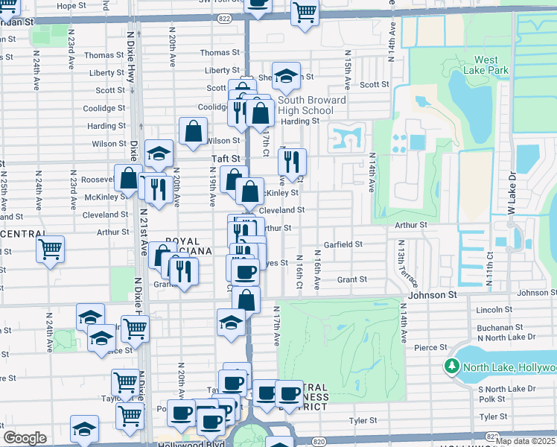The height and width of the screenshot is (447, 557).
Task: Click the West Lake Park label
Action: click(x=486, y=66)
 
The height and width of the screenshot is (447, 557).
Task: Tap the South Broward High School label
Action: click(x=312, y=105)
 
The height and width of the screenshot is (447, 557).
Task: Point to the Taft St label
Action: click(x=226, y=159)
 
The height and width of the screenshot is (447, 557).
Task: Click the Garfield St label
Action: click(x=343, y=244)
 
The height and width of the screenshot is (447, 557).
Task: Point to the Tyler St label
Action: click(x=363, y=420)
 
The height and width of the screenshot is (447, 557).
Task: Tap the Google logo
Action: click(x=25, y=438)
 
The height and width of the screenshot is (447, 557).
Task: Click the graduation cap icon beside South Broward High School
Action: click(x=285, y=74)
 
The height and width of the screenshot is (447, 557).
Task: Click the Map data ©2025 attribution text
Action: click(x=524, y=441)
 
